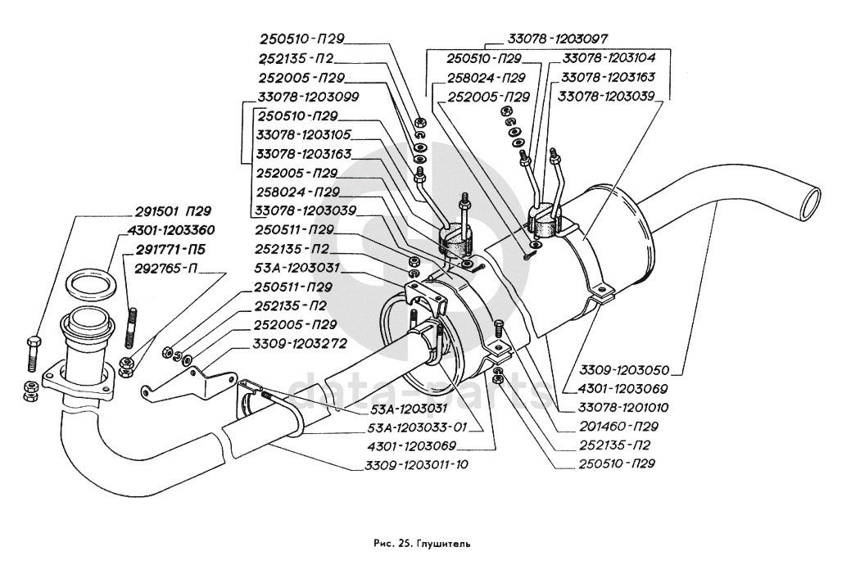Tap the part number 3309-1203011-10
tap(416, 465)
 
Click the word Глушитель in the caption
tap(443, 543)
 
